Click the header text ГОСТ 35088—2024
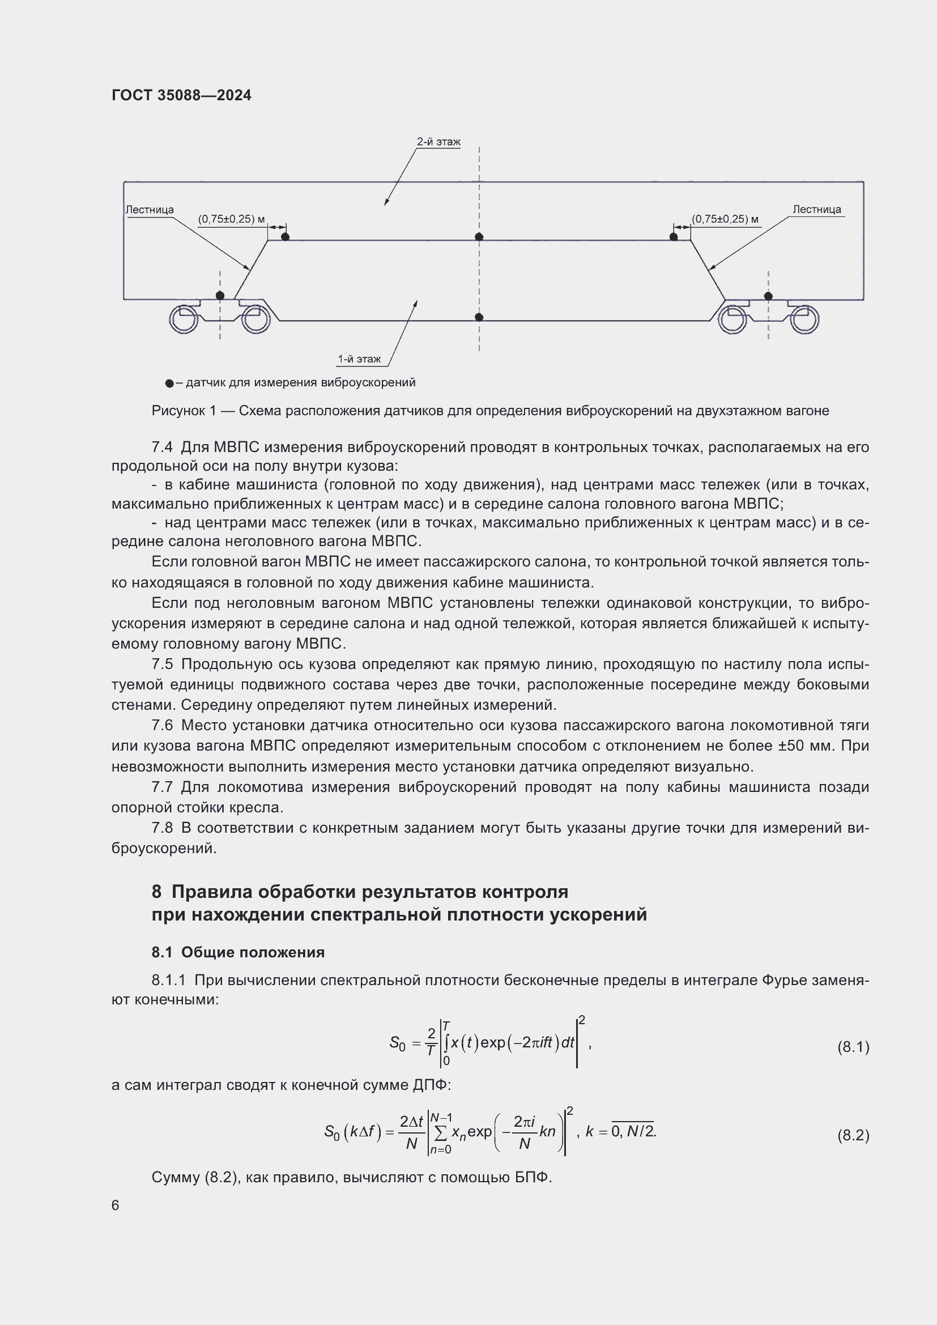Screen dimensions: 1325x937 [x=181, y=95]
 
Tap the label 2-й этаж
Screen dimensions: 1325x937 [x=438, y=142]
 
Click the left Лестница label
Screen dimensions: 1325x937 [x=150, y=210]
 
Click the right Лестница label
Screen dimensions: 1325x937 [x=816, y=210]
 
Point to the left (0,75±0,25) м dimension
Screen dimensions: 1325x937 [x=231, y=219]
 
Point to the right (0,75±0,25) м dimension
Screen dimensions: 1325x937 [x=725, y=219]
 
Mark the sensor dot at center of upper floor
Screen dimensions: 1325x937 [x=479, y=237]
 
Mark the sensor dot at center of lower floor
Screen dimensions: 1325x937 [x=479, y=317]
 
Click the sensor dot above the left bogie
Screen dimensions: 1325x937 [x=220, y=296]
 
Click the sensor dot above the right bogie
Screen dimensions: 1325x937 [x=768, y=296]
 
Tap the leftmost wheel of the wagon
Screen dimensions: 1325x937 [x=184, y=319]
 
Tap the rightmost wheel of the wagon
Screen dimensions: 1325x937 [x=804, y=319]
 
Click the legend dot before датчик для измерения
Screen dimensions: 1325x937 [x=169, y=383]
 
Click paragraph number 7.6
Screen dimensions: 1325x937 [x=161, y=726]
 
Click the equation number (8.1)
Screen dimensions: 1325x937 [x=853, y=1046]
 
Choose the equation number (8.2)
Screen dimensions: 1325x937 [x=853, y=1135]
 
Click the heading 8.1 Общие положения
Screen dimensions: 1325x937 [x=238, y=952]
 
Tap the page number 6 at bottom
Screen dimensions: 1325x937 [x=116, y=1205]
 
